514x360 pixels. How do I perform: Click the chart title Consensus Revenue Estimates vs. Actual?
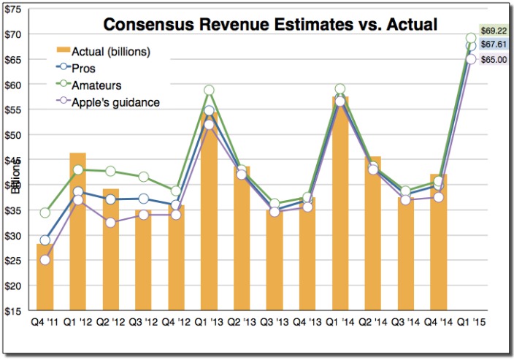pyautogui.click(x=269, y=25)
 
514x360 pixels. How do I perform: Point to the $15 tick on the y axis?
pyautogui.click(x=14, y=311)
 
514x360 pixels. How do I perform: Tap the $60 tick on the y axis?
pyautogui.click(x=14, y=85)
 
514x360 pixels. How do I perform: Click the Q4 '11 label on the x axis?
pyautogui.click(x=45, y=321)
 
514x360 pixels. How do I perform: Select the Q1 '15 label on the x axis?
pyautogui.click(x=472, y=321)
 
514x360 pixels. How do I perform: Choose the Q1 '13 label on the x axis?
pyautogui.click(x=209, y=321)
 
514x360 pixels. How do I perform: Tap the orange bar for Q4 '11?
pyautogui.click(x=45, y=277)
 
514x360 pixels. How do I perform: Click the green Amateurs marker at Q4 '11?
pyautogui.click(x=45, y=213)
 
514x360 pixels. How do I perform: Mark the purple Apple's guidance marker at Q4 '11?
pyautogui.click(x=45, y=260)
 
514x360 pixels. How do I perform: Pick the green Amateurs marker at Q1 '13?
pyautogui.click(x=209, y=91)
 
